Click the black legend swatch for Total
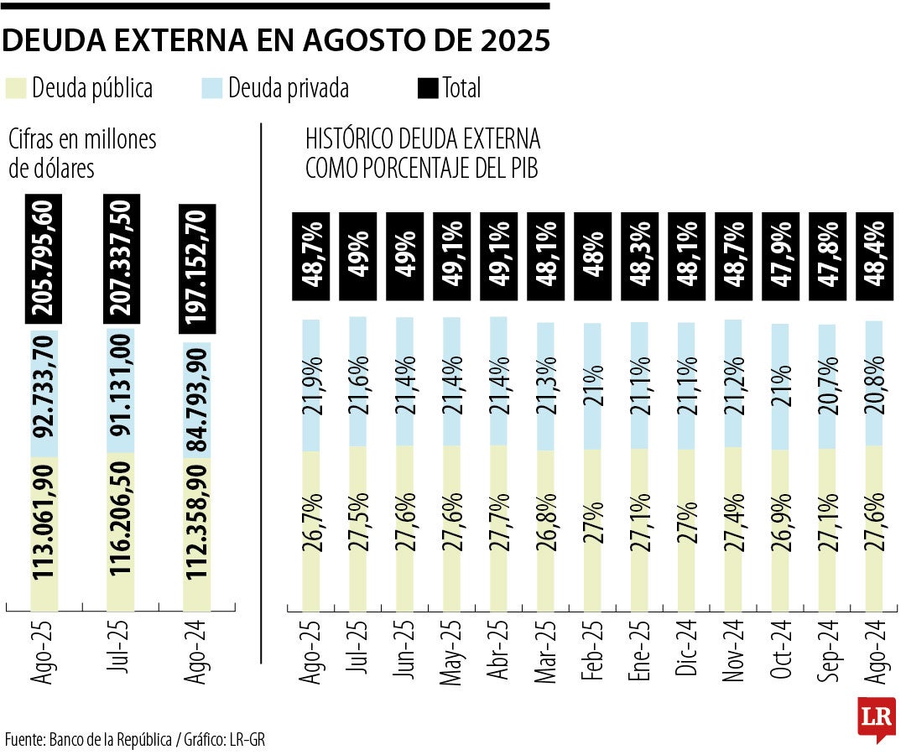click(427, 87)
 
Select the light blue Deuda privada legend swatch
click(212, 87)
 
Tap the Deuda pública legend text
click(92, 87)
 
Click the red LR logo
click(876, 718)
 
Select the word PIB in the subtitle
click(520, 168)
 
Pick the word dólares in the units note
click(63, 168)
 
